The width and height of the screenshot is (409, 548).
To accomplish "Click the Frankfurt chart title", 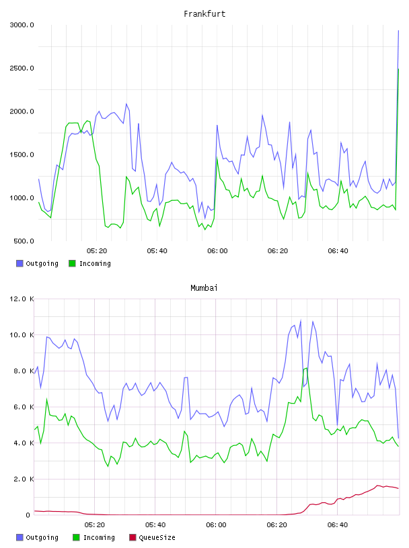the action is pyautogui.click(x=204, y=14).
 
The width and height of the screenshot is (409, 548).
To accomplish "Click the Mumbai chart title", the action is pyautogui.click(x=204, y=288).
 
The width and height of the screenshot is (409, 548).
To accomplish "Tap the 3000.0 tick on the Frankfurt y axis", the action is pyautogui.click(x=22, y=25).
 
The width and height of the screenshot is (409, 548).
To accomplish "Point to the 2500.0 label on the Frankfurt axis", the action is pyautogui.click(x=22, y=68).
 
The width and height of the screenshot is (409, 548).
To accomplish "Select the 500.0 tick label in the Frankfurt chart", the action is pyautogui.click(x=24, y=241).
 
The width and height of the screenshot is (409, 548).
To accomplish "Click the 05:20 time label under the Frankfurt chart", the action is pyautogui.click(x=97, y=251).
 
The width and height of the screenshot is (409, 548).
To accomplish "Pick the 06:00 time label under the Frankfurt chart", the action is pyautogui.click(x=217, y=251).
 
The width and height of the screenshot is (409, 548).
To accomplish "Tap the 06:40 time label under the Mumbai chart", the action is pyautogui.click(x=338, y=525).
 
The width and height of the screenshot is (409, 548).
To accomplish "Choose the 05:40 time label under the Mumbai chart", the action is pyautogui.click(x=155, y=525).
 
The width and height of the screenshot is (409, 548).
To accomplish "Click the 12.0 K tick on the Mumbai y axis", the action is pyautogui.click(x=22, y=299).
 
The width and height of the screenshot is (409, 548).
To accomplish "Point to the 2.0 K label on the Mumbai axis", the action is pyautogui.click(x=24, y=479).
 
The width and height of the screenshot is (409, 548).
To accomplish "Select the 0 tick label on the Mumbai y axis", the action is pyautogui.click(x=28, y=515).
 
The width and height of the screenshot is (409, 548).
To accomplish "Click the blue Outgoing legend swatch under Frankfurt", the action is pyautogui.click(x=20, y=263).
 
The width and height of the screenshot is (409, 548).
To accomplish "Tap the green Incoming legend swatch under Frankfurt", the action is pyautogui.click(x=72, y=263).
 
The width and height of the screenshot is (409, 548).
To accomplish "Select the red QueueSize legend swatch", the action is pyautogui.click(x=133, y=537).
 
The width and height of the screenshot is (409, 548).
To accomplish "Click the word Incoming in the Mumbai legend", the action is pyautogui.click(x=99, y=537).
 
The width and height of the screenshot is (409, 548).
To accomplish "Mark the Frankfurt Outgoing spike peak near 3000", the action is pyautogui.click(x=398, y=31).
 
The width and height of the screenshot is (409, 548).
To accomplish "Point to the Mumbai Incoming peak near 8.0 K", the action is pyautogui.click(x=307, y=368).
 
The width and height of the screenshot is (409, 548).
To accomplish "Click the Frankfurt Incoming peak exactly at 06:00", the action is pyautogui.click(x=217, y=158).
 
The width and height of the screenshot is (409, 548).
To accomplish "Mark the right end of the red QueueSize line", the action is pyautogui.click(x=398, y=489).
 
